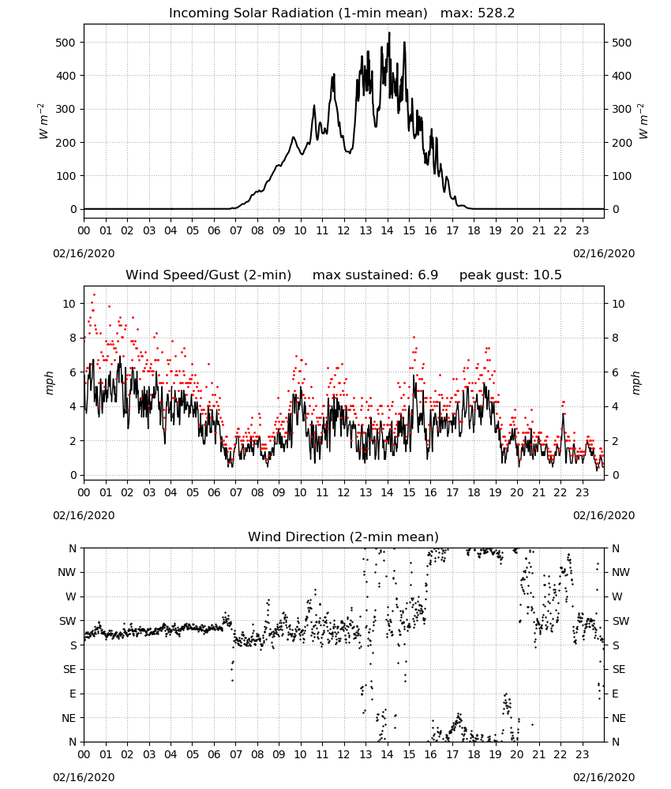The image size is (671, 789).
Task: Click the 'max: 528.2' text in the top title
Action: pos(478,13)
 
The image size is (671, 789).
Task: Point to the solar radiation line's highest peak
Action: pos(389,33)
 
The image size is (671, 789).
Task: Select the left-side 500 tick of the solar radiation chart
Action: pos(66,43)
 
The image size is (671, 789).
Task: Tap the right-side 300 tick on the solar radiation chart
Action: pos(621,109)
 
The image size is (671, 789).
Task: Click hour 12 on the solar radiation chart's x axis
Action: pos(343,231)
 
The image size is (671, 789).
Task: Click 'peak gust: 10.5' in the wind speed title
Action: pos(510,275)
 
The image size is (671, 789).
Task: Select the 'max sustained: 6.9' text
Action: pos(375,275)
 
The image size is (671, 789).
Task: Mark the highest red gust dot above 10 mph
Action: pos(94,295)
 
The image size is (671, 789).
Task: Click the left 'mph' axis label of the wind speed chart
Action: pos(49,383)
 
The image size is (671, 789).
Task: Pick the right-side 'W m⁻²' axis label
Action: pos(644,122)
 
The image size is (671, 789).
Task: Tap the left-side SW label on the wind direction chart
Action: pos(68,621)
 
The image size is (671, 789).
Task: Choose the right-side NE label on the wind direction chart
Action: pos(619,718)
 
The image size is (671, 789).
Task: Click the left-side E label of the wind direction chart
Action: pos(73,694)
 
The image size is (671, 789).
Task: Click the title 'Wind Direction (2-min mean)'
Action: pos(343,537)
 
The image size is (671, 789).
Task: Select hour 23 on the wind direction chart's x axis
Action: pos(582,755)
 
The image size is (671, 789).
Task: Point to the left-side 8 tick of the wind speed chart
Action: pos(73,338)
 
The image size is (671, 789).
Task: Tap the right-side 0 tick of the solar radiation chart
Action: pos(615,209)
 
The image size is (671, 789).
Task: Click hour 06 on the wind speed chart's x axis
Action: pos(214,492)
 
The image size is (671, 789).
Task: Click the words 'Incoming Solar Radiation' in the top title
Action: pos(251,13)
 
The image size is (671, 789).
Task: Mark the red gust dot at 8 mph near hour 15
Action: pos(414,338)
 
